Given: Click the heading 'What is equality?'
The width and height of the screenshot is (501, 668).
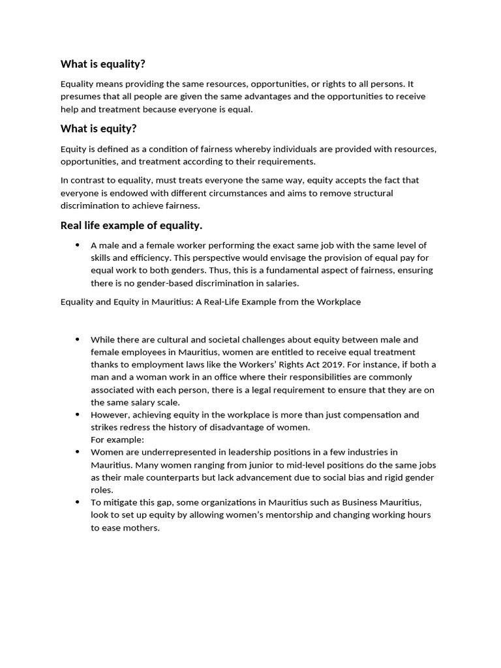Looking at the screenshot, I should click(103, 64).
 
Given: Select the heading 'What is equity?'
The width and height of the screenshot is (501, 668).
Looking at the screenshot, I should click(99, 129).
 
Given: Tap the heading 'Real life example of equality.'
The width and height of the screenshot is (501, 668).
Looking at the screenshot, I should click(131, 226).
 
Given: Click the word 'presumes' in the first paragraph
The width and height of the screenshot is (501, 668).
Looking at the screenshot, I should click(80, 97).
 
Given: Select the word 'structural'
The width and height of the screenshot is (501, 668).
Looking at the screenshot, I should click(371, 193).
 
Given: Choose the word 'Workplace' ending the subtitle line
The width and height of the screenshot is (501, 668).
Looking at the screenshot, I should click(339, 302).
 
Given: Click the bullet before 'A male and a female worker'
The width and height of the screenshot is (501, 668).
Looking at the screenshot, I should click(77, 245).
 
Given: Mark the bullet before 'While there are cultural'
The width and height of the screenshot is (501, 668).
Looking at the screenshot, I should click(77, 340).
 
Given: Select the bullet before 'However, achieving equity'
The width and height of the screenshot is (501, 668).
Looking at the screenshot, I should click(77, 415).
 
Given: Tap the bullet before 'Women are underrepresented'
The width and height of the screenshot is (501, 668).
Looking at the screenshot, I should click(77, 452).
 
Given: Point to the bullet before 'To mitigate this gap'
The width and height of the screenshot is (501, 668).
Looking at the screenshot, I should click(77, 502).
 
